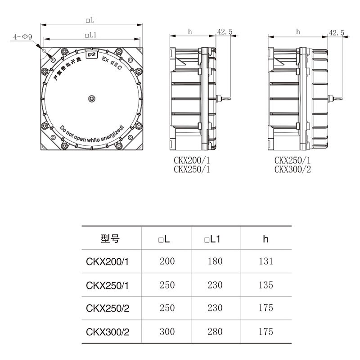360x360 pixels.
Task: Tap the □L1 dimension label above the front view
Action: coord(91,35)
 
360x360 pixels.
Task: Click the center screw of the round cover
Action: coord(92,98)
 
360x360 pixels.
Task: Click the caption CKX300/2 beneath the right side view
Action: coord(292,169)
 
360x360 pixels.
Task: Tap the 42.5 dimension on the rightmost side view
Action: coord(336,32)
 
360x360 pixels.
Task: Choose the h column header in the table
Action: coord(266,238)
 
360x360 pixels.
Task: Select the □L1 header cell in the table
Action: coord(211,238)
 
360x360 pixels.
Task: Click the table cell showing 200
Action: coord(167,261)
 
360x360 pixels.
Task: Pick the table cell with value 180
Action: coord(215,261)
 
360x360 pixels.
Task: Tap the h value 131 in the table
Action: coord(266,261)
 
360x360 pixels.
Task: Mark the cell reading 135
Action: coord(266,284)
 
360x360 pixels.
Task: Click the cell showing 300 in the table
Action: coord(167,332)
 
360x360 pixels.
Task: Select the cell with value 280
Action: coord(215,332)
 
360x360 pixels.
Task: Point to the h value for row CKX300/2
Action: coord(266,332)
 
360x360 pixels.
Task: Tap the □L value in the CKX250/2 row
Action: coord(167,308)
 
